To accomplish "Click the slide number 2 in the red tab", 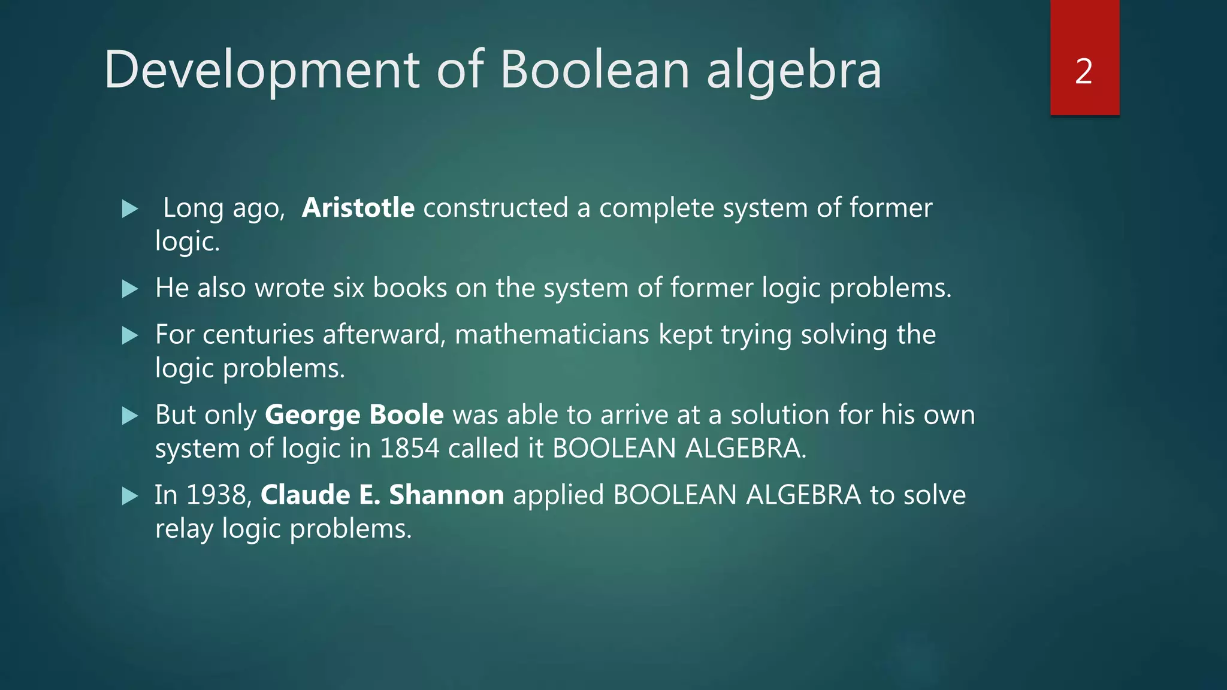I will coord(1083,71).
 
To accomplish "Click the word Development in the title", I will coord(262,71).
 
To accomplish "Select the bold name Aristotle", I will coord(358,208).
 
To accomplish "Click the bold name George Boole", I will coord(354,415).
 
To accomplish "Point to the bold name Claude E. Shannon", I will coord(382,495).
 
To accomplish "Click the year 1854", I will coord(409,449).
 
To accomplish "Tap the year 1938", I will coord(218,495).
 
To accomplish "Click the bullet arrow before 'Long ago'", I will coord(130,209).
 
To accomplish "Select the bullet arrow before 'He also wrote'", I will coord(130,289).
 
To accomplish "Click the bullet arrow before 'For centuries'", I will coord(130,335).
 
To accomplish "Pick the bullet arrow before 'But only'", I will coord(130,416).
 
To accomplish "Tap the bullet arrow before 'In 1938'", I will coord(130,496).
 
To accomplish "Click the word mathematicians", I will coord(552,335).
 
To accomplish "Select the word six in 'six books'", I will coord(349,288).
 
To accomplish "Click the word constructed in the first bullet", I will coord(495,208).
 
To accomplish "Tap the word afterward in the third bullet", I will coord(383,335).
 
